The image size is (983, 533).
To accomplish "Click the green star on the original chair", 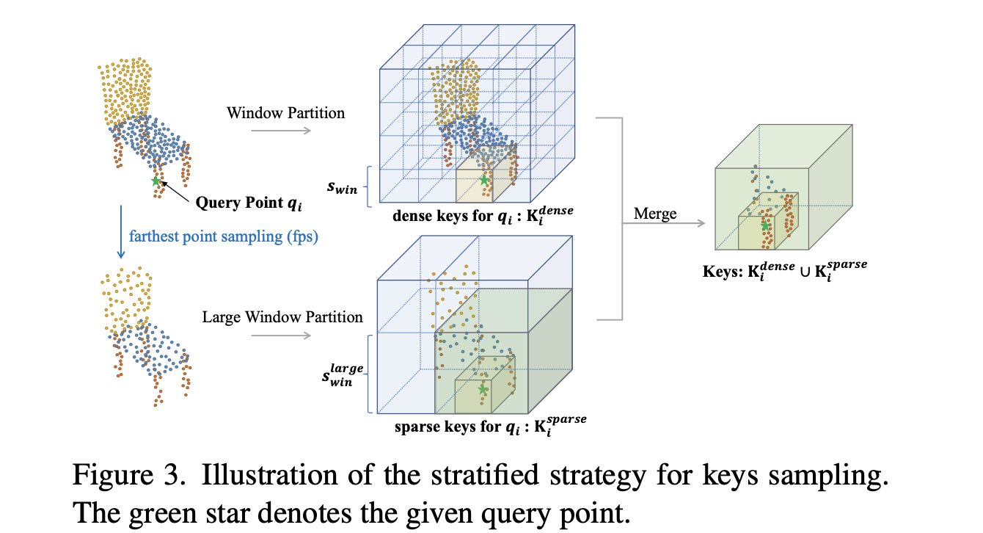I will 155,181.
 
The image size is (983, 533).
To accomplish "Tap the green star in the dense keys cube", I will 484,180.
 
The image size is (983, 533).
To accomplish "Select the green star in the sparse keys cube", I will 482,389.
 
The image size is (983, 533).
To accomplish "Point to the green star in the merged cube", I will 766,226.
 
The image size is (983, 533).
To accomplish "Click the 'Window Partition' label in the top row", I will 285,113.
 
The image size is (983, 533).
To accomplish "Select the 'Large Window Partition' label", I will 282,317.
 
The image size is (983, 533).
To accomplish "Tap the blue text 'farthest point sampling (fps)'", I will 224,236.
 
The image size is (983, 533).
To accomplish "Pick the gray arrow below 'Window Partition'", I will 280,131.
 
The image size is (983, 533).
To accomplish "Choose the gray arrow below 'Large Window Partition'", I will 281,336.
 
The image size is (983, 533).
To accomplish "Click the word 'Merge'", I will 656,214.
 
